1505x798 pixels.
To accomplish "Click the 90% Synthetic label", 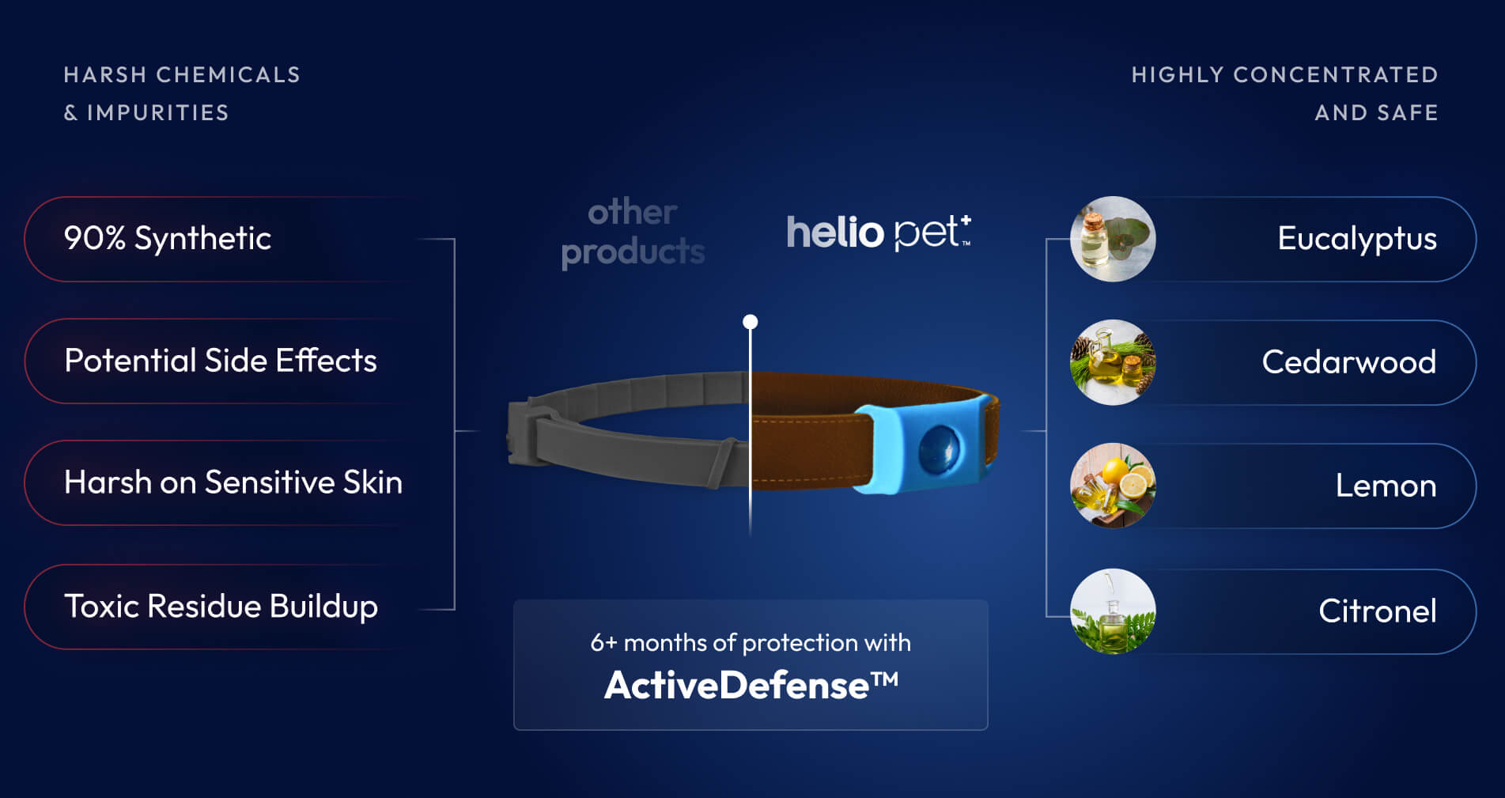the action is [168, 238].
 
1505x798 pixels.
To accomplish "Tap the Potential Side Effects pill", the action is [221, 361].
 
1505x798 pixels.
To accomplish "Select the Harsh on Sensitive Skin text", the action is [233, 482].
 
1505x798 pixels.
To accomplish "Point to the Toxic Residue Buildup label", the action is [221, 607].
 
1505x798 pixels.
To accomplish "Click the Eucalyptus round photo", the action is [1113, 239].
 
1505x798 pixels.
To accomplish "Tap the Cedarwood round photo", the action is [1113, 362].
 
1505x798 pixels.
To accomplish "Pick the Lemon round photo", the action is [1113, 486].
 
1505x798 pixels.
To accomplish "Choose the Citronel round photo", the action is [1113, 611].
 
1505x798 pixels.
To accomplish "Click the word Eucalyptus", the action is [1357, 239].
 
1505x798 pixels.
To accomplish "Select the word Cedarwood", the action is [1349, 362].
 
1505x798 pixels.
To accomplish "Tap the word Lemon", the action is [1386, 486].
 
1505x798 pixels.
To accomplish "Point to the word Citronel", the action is [1378, 611].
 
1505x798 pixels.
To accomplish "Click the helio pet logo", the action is [879, 233].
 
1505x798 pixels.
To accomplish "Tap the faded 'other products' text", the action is [633, 233].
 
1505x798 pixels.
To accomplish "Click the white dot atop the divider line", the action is [751, 322].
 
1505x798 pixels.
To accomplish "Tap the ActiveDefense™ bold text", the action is [751, 685].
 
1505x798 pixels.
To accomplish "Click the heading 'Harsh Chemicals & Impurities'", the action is [182, 93].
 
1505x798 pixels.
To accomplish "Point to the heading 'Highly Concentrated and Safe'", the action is [1284, 93].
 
